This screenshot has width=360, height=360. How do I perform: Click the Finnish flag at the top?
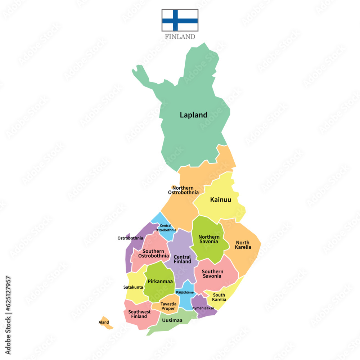pyautogui.click(x=180, y=20)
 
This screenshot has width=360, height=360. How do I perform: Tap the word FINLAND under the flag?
pyautogui.click(x=180, y=37)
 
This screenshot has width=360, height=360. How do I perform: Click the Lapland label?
pyautogui.click(x=193, y=115)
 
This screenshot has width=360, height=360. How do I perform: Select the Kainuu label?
pyautogui.click(x=221, y=200)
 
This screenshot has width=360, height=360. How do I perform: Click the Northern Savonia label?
pyautogui.click(x=209, y=239)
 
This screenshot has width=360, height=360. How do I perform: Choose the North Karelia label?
pyautogui.click(x=243, y=245)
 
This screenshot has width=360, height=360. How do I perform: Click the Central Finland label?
pyautogui.click(x=183, y=259)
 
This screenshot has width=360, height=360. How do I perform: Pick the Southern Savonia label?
pyautogui.click(x=212, y=274)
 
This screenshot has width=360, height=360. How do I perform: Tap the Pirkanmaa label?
pyautogui.click(x=160, y=281)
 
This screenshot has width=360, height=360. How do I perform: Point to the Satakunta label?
pyautogui.click(x=133, y=287)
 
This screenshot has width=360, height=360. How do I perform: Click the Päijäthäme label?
pyautogui.click(x=185, y=292)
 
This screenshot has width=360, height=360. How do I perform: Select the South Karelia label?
pyautogui.click(x=219, y=297)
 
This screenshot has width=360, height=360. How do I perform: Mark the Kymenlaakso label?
pyautogui.click(x=203, y=308)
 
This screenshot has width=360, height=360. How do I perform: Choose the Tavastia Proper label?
pyautogui.click(x=168, y=306)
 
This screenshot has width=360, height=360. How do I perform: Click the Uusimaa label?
pyautogui.click(x=172, y=320)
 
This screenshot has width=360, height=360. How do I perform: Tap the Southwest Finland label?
pyautogui.click(x=139, y=314)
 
